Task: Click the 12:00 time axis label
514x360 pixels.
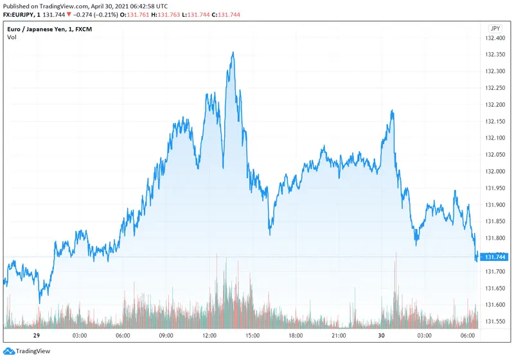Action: (209, 336)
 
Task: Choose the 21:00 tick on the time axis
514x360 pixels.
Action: (339, 336)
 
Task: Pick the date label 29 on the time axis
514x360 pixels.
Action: (37, 336)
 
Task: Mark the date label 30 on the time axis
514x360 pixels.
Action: (382, 336)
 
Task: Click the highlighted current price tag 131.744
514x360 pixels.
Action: (495, 257)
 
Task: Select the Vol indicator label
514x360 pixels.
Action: (12, 37)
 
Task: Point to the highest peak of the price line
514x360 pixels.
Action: (233, 53)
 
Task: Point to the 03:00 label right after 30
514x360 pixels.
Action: (425, 336)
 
